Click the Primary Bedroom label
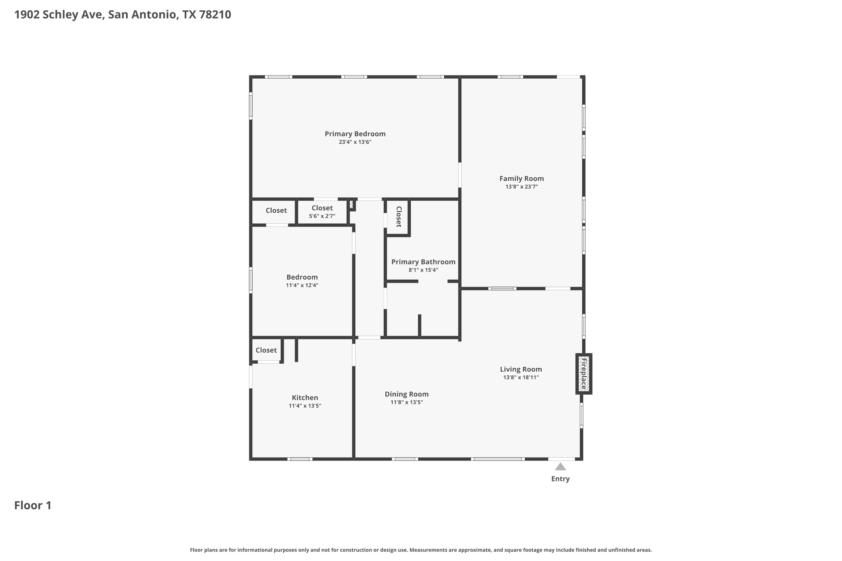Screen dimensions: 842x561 355,134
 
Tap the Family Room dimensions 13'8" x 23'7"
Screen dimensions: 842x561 521,187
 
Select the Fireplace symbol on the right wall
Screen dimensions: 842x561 584,374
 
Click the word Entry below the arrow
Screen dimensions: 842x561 560,479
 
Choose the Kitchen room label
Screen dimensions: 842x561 305,397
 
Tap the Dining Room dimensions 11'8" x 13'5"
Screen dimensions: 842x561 406,402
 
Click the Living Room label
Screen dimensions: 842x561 521,369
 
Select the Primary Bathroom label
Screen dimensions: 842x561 423,262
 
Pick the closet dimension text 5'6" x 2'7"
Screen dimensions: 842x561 322,216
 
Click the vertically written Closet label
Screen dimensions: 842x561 399,217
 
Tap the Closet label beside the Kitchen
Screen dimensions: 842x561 266,350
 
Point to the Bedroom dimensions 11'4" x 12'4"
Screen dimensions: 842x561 302,285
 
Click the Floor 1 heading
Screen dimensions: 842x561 33,505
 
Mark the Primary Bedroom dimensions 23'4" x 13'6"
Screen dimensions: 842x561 355,142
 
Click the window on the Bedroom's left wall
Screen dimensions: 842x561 251,280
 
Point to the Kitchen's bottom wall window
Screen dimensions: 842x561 300,459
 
